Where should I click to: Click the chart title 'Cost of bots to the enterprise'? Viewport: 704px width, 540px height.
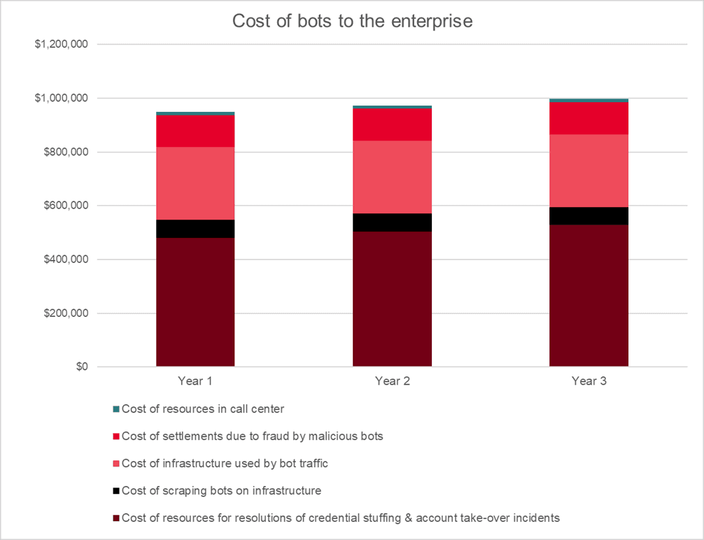pos(352,22)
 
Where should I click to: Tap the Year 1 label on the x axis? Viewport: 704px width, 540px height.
pos(195,381)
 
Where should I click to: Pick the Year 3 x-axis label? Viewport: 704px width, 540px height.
pos(589,381)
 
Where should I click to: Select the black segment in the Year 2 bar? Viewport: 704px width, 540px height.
pos(392,222)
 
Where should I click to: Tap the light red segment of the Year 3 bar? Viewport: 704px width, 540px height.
pos(589,171)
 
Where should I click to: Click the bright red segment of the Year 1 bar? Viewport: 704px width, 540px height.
pos(195,131)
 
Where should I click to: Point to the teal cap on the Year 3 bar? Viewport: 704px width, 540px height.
pos(589,100)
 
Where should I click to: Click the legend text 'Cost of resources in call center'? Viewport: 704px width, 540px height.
pos(203,408)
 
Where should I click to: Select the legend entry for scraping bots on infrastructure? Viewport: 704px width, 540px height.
pos(221,491)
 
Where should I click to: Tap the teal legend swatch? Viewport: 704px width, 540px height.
pos(116,408)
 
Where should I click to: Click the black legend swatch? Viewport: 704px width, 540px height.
pos(116,491)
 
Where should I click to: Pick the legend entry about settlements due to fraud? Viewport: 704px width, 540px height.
pos(253,436)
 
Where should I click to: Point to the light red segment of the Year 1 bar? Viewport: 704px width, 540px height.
pos(195,183)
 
